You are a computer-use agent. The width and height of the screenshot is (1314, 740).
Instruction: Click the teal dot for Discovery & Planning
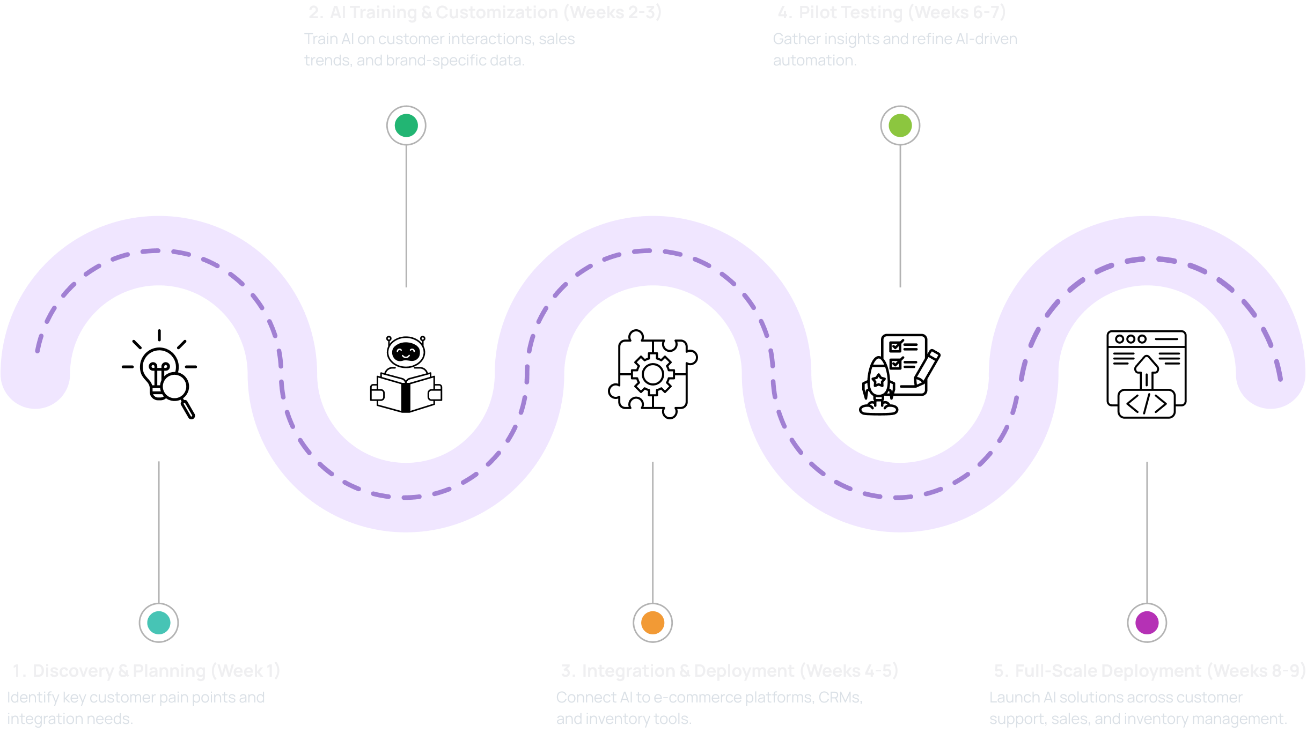coord(159,623)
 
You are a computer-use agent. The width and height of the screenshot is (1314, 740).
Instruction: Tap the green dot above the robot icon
coord(406,125)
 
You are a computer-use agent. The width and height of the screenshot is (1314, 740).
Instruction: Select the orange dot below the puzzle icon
coord(652,623)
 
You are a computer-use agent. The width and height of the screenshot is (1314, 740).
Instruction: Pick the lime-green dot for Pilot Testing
coord(900,125)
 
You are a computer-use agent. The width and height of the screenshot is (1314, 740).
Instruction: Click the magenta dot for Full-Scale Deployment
coord(1147,623)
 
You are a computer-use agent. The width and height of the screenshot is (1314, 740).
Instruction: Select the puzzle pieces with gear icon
coord(652,374)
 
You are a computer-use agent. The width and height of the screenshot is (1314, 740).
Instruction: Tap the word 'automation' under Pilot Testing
coord(814,61)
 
